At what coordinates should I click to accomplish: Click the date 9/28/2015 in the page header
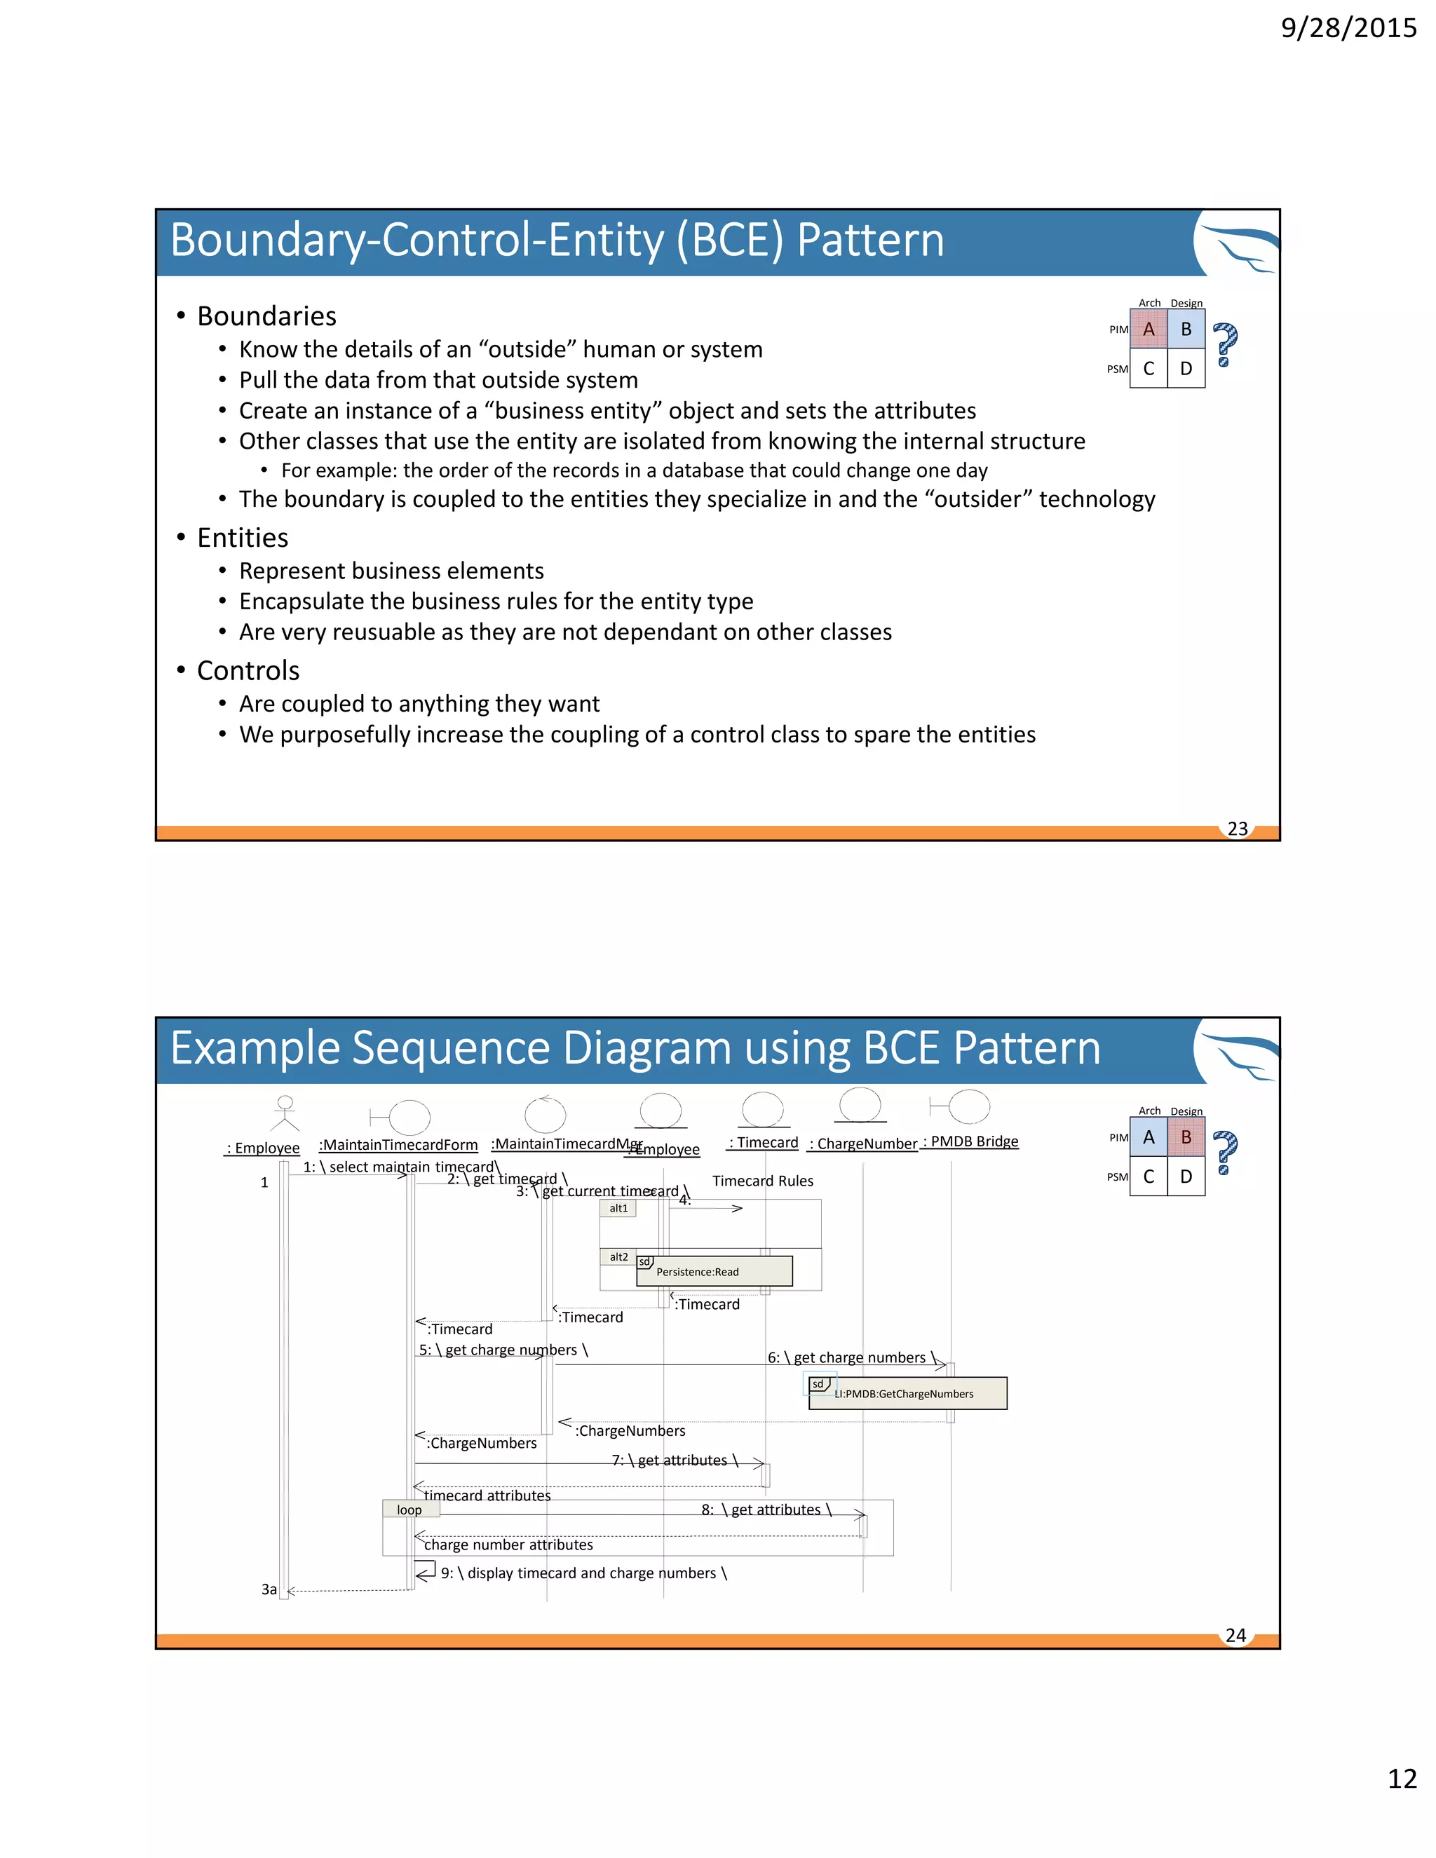pyautogui.click(x=1348, y=28)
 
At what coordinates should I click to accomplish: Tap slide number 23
pyautogui.click(x=1237, y=829)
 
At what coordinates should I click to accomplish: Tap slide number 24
pyautogui.click(x=1235, y=1635)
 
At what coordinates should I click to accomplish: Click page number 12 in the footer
pyautogui.click(x=1402, y=1779)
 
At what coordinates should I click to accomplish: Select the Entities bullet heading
pyautogui.click(x=243, y=538)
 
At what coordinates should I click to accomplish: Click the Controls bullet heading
pyautogui.click(x=248, y=670)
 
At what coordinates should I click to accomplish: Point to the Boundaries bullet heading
pyautogui.click(x=266, y=316)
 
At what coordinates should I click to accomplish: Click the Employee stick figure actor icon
pyautogui.click(x=285, y=1113)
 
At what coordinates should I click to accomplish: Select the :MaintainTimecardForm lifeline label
pyautogui.click(x=398, y=1145)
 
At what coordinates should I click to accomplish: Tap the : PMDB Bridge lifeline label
pyautogui.click(x=970, y=1141)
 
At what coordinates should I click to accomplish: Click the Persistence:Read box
pyautogui.click(x=714, y=1271)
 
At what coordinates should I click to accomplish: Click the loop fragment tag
pyautogui.click(x=410, y=1510)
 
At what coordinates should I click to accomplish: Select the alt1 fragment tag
pyautogui.click(x=618, y=1208)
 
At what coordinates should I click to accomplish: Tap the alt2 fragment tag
pyautogui.click(x=618, y=1256)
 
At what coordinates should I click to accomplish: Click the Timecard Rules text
pyautogui.click(x=762, y=1181)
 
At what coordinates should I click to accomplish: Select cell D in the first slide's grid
pyautogui.click(x=1186, y=368)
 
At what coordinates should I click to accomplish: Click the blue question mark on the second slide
pyautogui.click(x=1225, y=1153)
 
